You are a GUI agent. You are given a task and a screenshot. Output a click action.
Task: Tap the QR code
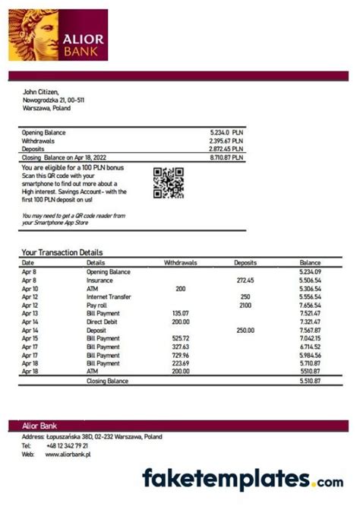click(169, 182)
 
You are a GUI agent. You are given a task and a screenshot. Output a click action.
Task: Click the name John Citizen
click(41, 92)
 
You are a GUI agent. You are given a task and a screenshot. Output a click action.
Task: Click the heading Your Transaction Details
click(62, 252)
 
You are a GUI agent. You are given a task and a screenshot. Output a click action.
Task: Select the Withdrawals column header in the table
click(181, 262)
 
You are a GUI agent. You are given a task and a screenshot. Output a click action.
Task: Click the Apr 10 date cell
click(30, 289)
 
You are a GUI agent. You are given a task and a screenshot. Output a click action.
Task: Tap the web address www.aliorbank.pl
click(68, 454)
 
